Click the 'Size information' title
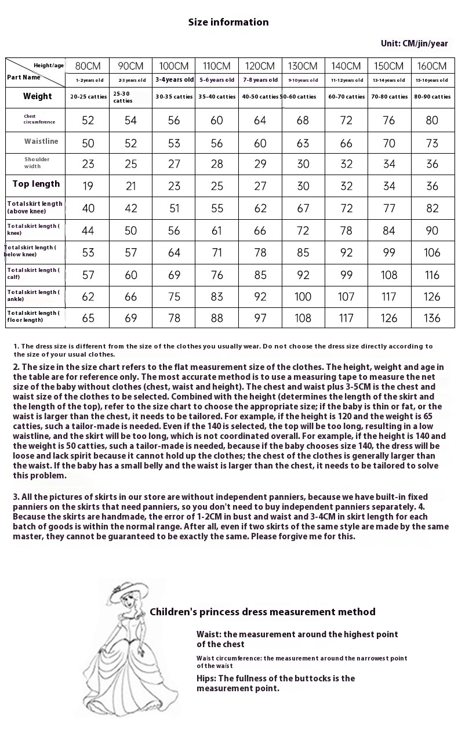click(228, 22)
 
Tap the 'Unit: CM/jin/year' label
click(414, 43)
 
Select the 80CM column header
click(88, 66)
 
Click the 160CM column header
click(432, 66)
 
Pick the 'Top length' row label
click(36, 184)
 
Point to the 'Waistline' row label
click(41, 141)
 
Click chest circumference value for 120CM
click(260, 120)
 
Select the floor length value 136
click(432, 318)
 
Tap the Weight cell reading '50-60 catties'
click(303, 97)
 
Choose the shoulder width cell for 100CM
click(174, 164)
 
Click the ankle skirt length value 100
click(303, 297)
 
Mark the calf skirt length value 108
click(389, 275)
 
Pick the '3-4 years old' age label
click(174, 80)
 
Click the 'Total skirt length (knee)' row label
click(33, 230)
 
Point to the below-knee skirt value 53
click(88, 252)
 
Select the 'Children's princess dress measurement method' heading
click(262, 612)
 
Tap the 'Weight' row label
click(37, 96)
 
